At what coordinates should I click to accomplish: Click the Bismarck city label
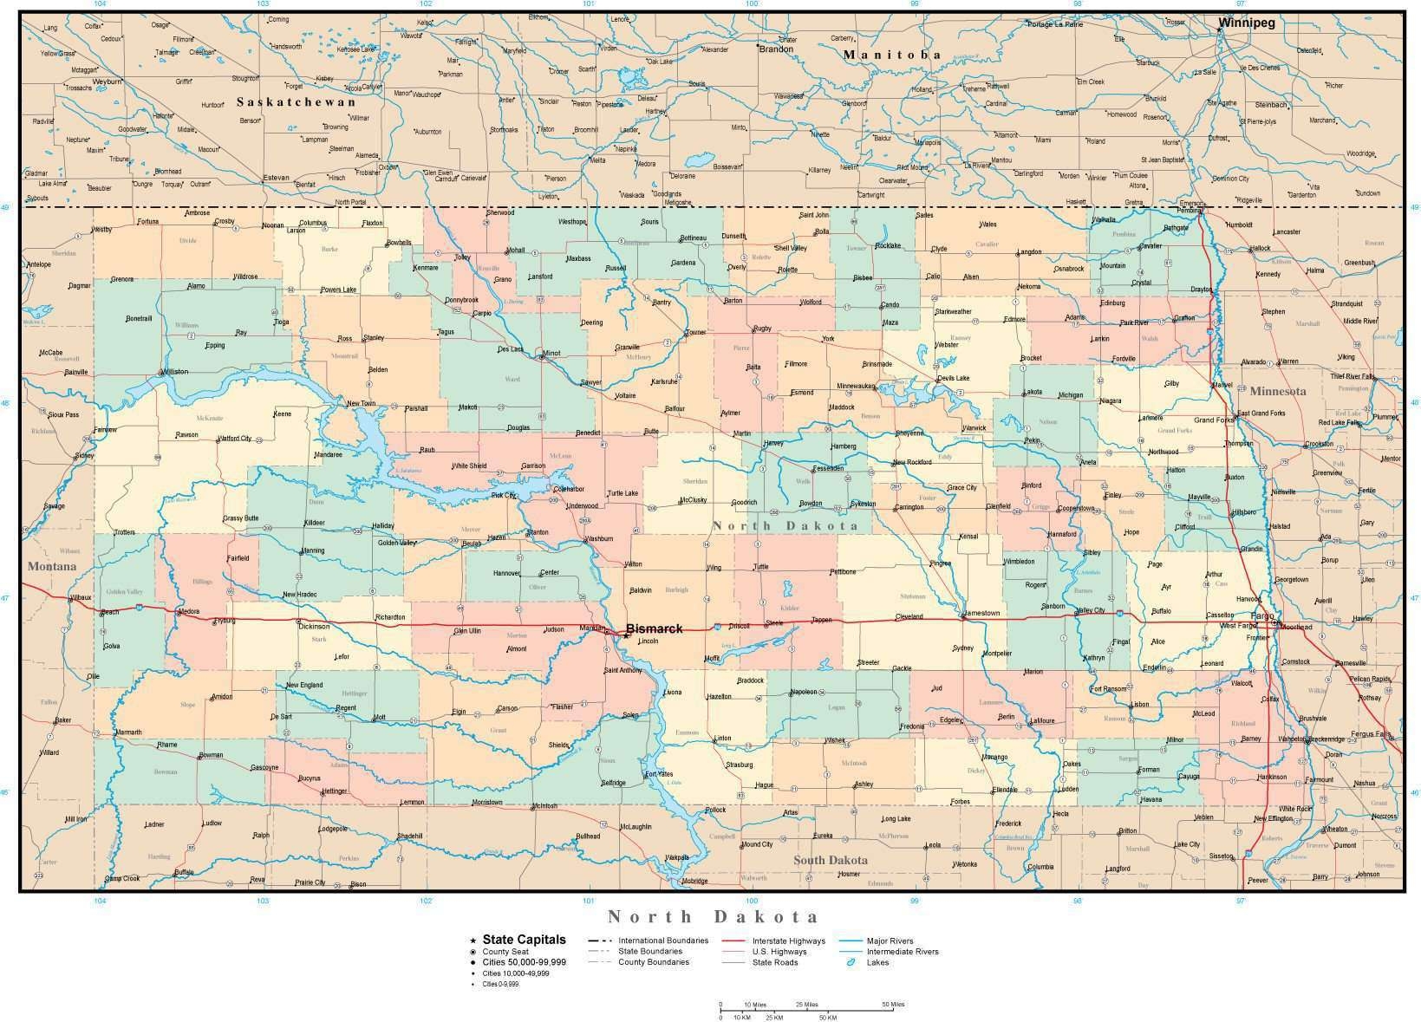pos(654,628)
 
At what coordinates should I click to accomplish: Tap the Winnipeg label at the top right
pos(1246,23)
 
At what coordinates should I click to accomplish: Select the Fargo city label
pos(1261,615)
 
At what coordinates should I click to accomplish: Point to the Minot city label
pos(551,354)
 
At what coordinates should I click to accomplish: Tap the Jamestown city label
pos(981,613)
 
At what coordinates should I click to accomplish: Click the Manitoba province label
pos(892,55)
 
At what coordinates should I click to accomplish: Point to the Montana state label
pos(52,567)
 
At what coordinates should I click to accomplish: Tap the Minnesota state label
pos(1277,392)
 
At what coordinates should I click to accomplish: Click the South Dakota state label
pos(830,860)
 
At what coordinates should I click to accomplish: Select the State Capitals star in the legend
pos(473,940)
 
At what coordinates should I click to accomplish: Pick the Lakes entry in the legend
pos(877,962)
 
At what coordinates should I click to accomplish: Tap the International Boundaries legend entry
pos(663,941)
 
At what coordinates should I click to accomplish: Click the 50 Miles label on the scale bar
pos(893,1005)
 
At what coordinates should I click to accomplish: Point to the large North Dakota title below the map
pos(713,917)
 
